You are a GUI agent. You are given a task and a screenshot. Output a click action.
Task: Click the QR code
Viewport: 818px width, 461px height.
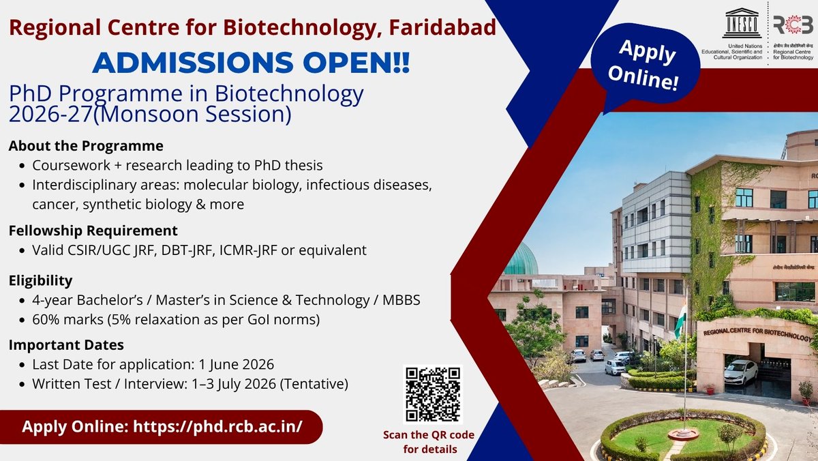pyautogui.click(x=434, y=395)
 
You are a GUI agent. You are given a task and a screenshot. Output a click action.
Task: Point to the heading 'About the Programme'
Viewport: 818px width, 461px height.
pyautogui.click(x=87, y=146)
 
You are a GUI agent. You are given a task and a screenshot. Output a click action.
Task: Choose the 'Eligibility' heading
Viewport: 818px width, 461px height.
pyautogui.click(x=41, y=281)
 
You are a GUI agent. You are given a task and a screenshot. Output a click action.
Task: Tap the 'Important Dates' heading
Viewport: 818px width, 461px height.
pyautogui.click(x=67, y=345)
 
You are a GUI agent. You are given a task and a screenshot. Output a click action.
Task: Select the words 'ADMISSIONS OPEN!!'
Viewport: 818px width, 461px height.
pyautogui.click(x=251, y=63)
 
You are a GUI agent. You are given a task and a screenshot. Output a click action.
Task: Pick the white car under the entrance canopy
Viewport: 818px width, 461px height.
pyautogui.click(x=741, y=372)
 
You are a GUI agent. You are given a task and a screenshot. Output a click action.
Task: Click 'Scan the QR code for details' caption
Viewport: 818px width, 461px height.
pyautogui.click(x=429, y=442)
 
